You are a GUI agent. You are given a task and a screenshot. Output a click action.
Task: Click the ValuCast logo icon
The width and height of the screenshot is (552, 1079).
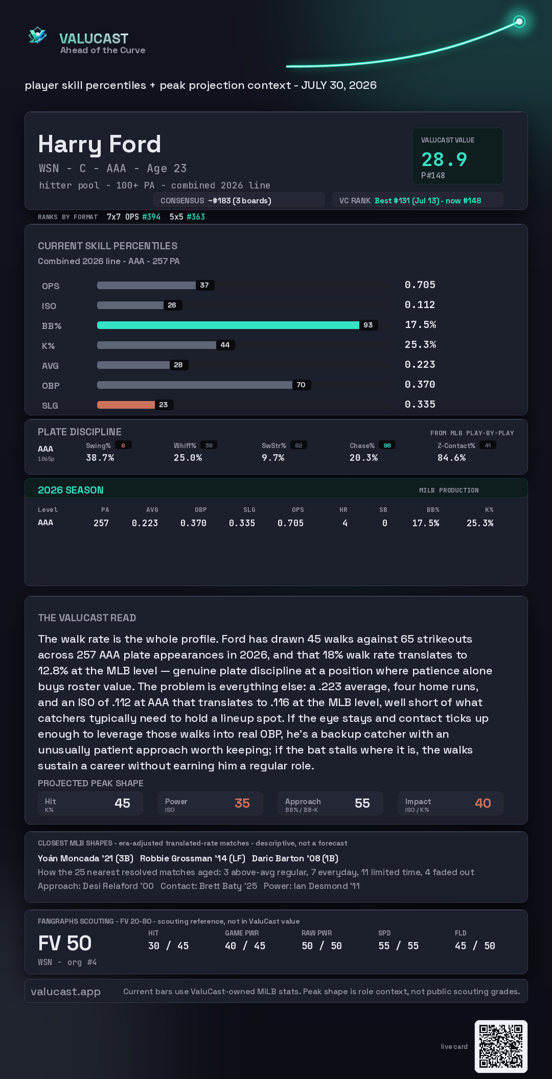point(37,36)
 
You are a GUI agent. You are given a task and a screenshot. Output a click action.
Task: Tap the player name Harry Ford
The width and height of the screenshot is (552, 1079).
point(100,145)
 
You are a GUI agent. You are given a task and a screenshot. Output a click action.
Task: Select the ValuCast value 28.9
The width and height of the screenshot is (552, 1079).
point(444,159)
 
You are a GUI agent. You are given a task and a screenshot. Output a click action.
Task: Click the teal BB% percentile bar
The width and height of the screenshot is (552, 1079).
point(228,325)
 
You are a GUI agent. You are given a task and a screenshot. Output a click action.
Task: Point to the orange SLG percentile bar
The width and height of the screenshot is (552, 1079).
point(126,405)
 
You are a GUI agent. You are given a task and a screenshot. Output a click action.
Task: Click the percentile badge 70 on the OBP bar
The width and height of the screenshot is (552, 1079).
point(301,385)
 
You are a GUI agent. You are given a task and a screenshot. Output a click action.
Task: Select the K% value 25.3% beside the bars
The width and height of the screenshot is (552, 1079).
point(420,345)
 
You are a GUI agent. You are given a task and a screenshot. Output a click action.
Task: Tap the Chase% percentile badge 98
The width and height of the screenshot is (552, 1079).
point(387,445)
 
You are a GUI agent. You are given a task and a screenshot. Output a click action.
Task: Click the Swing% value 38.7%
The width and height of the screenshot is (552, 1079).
point(100,458)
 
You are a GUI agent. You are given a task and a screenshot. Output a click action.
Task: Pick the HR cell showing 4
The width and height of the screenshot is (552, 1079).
point(345,523)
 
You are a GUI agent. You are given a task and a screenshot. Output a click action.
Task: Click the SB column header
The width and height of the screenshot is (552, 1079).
point(383,510)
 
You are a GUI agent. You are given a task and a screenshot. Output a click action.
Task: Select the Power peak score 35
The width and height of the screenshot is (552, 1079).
point(242,803)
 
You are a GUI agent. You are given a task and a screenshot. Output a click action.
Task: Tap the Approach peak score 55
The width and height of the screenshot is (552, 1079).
point(362,803)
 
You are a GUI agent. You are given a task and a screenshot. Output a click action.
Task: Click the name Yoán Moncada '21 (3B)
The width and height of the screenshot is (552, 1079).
point(85,858)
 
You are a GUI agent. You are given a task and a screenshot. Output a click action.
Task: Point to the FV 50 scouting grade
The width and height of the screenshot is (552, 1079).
point(65,943)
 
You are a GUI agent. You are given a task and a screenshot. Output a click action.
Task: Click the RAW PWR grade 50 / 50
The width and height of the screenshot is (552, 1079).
point(321,946)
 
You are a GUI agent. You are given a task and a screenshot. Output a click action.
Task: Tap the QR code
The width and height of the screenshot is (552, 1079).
point(501,1046)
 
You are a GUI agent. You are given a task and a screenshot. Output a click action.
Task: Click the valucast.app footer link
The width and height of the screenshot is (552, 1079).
point(65,992)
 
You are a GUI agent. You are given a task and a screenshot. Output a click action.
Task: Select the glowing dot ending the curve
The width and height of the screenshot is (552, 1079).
point(519,21)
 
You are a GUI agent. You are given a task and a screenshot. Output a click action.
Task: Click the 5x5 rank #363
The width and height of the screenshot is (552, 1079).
point(196,217)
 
